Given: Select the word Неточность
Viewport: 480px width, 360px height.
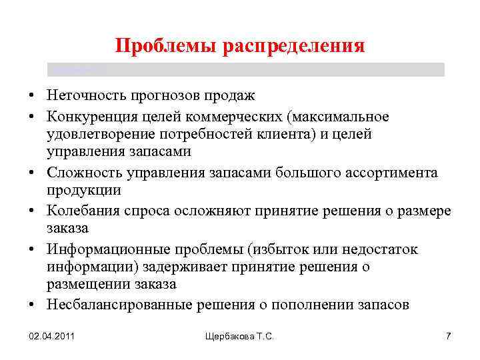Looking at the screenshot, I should click(x=82, y=97).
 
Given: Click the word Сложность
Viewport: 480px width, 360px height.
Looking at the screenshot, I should click(x=76, y=173).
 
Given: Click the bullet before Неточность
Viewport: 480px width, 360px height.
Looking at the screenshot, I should click(x=32, y=98).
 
